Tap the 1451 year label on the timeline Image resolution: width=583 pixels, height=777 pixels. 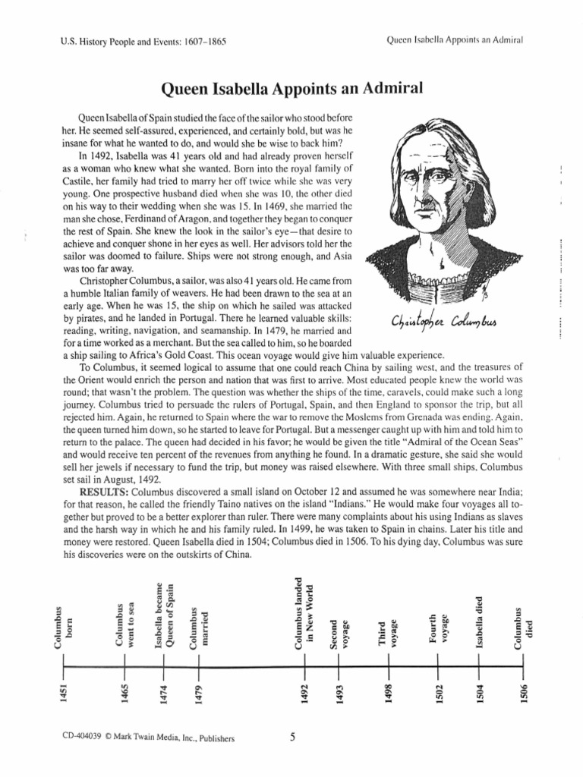point(65,692)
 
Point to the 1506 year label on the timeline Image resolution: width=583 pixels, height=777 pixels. point(523,692)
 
